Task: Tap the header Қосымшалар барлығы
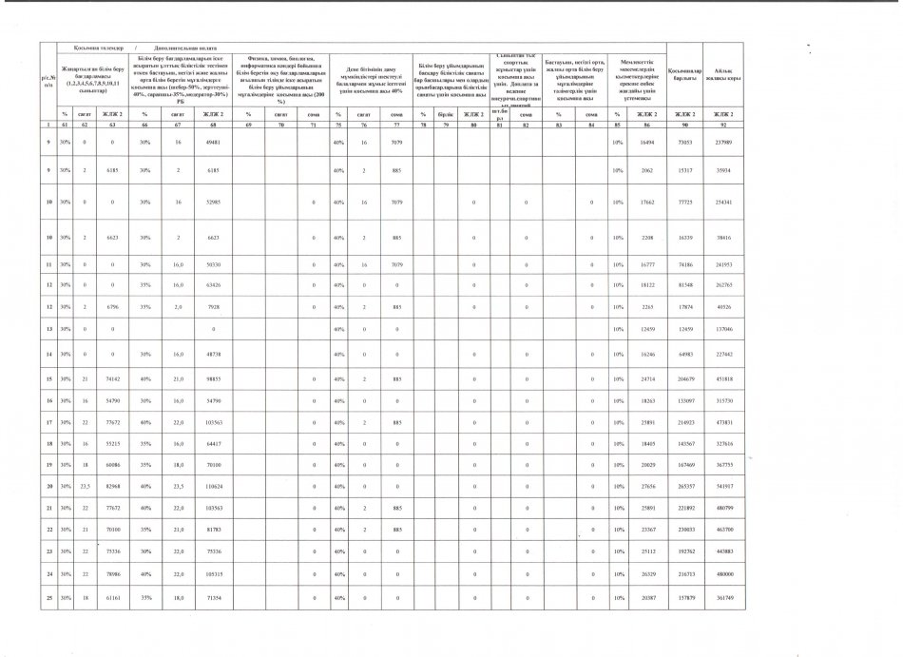click(685, 75)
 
